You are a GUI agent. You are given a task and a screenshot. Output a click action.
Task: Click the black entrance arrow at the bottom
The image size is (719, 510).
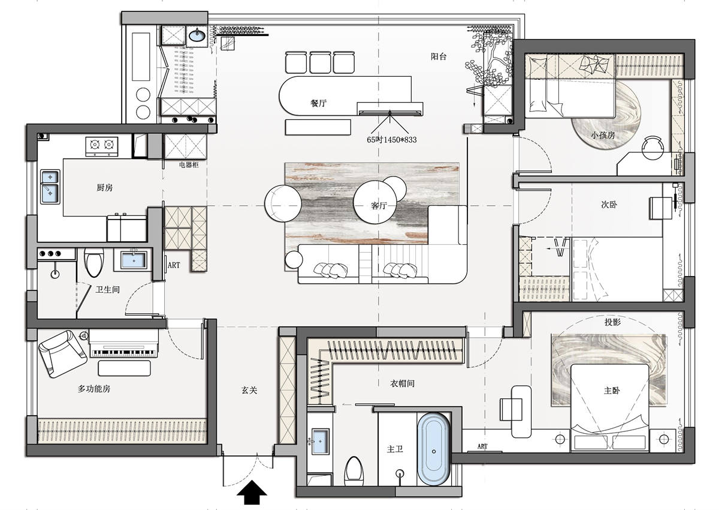click(252, 492)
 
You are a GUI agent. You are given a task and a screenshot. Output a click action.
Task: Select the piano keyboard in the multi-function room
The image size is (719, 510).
click(124, 353)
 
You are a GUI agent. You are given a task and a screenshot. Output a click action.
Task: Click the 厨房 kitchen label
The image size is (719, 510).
click(105, 187)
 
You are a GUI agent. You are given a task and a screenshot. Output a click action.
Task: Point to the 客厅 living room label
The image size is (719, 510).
click(379, 205)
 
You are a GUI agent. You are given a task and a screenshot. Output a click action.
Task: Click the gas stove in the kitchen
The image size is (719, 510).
click(102, 146)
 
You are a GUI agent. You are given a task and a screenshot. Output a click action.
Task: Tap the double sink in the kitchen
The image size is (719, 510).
click(50, 187)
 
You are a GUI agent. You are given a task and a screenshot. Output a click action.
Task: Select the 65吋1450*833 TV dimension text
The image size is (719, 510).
click(392, 140)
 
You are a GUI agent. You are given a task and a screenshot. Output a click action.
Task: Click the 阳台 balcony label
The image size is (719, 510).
click(439, 56)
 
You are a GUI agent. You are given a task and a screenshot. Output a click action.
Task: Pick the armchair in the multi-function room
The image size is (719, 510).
click(62, 353)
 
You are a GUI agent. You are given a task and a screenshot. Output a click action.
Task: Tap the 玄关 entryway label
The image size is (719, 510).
click(249, 390)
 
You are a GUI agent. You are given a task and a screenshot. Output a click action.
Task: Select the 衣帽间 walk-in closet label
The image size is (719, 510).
click(402, 383)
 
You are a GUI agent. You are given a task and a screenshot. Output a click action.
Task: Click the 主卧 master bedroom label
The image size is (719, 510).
click(612, 391)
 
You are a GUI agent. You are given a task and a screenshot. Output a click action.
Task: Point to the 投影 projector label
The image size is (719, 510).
click(612, 322)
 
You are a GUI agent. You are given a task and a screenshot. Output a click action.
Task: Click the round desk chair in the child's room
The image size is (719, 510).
click(652, 148)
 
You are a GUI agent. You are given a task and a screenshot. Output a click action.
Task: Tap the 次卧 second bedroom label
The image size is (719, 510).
click(609, 205)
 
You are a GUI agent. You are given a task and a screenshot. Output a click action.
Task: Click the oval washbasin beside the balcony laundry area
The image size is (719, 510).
click(197, 35)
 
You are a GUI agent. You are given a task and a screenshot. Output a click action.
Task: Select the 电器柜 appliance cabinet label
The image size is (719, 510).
click(189, 165)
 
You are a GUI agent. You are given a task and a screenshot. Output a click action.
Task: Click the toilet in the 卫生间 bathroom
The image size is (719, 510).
click(93, 262)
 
